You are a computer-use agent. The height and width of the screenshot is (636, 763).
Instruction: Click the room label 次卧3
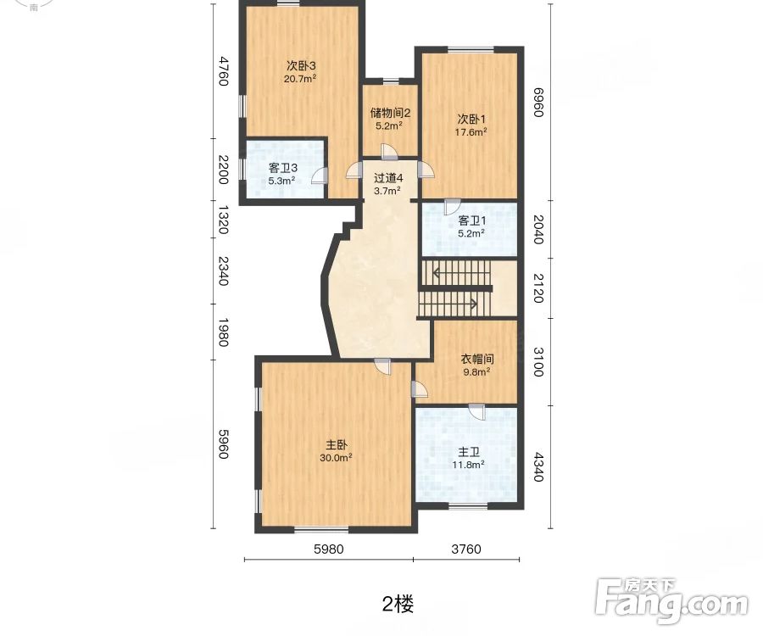[x=301, y=65]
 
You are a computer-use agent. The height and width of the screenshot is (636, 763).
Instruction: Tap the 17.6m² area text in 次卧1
[x=472, y=132]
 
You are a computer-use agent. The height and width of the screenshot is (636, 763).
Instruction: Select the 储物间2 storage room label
[x=390, y=113]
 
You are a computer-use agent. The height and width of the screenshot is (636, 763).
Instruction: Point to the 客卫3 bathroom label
[x=282, y=168]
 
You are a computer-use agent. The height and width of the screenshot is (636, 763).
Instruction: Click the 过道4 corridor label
[x=388, y=178]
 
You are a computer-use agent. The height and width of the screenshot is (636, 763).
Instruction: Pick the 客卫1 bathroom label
[x=471, y=220]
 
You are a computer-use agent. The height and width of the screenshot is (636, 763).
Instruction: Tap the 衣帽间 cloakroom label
[x=476, y=359]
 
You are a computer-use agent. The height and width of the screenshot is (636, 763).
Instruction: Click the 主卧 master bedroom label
[x=337, y=444]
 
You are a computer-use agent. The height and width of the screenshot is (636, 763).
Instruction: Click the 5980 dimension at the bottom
[x=328, y=549]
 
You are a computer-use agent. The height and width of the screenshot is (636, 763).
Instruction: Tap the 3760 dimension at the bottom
[x=465, y=549]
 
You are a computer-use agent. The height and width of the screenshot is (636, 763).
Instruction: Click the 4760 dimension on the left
[x=224, y=71]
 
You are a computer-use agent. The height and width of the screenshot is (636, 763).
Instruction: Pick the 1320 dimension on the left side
[x=224, y=219]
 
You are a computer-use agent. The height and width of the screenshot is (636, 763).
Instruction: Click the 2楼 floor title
[x=398, y=604]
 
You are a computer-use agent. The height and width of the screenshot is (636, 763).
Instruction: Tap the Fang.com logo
[x=672, y=600]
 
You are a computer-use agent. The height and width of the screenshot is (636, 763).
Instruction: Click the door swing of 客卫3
[x=319, y=176]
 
